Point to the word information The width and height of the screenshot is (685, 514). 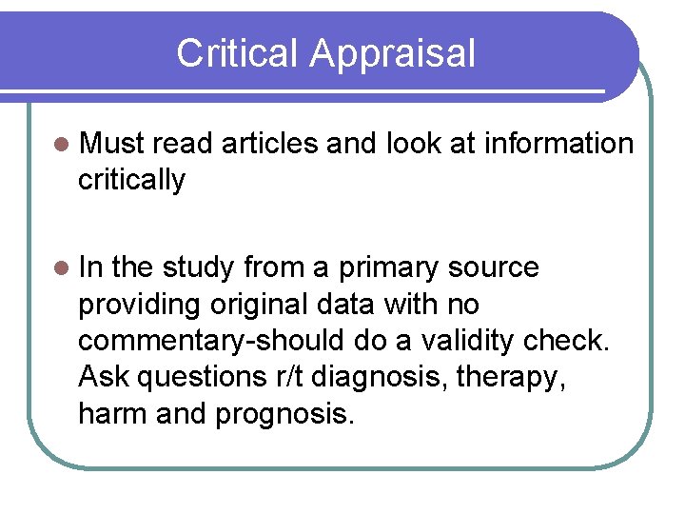tap(558, 144)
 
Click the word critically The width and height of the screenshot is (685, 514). tap(131, 179)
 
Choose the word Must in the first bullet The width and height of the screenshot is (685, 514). tap(112, 144)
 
